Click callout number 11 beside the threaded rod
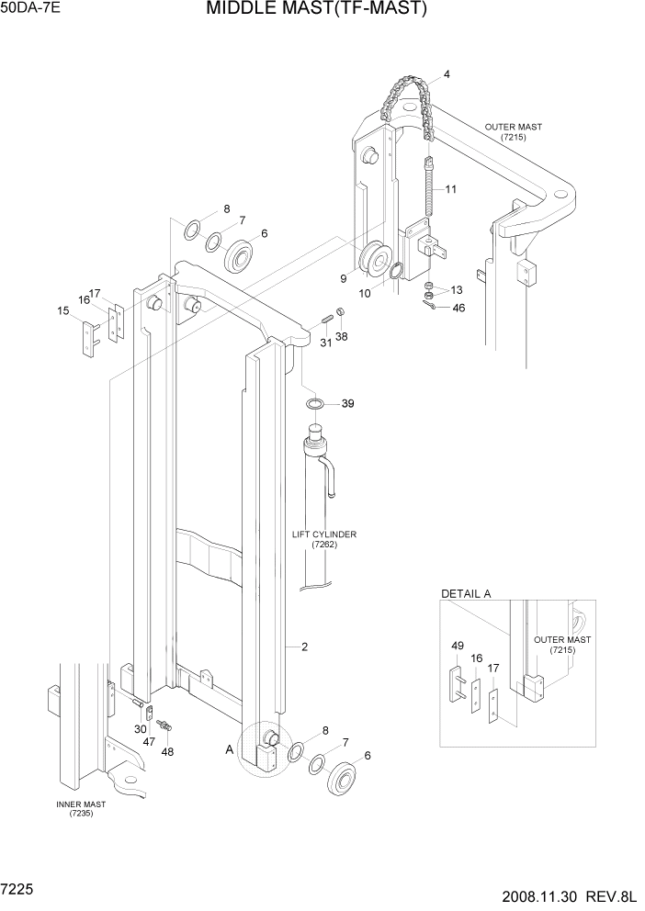coord(450,190)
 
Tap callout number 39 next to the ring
coord(347,404)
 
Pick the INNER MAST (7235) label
coord(81,809)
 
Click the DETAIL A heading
coord(466,593)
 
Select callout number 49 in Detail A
coord(457,647)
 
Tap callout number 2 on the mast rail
coord(304,647)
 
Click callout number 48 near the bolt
coord(167,751)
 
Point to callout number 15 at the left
coord(63,311)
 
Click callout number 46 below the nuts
coord(458,308)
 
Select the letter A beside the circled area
coord(229,748)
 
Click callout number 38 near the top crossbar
coord(341,337)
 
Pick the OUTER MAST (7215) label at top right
coord(512,131)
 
